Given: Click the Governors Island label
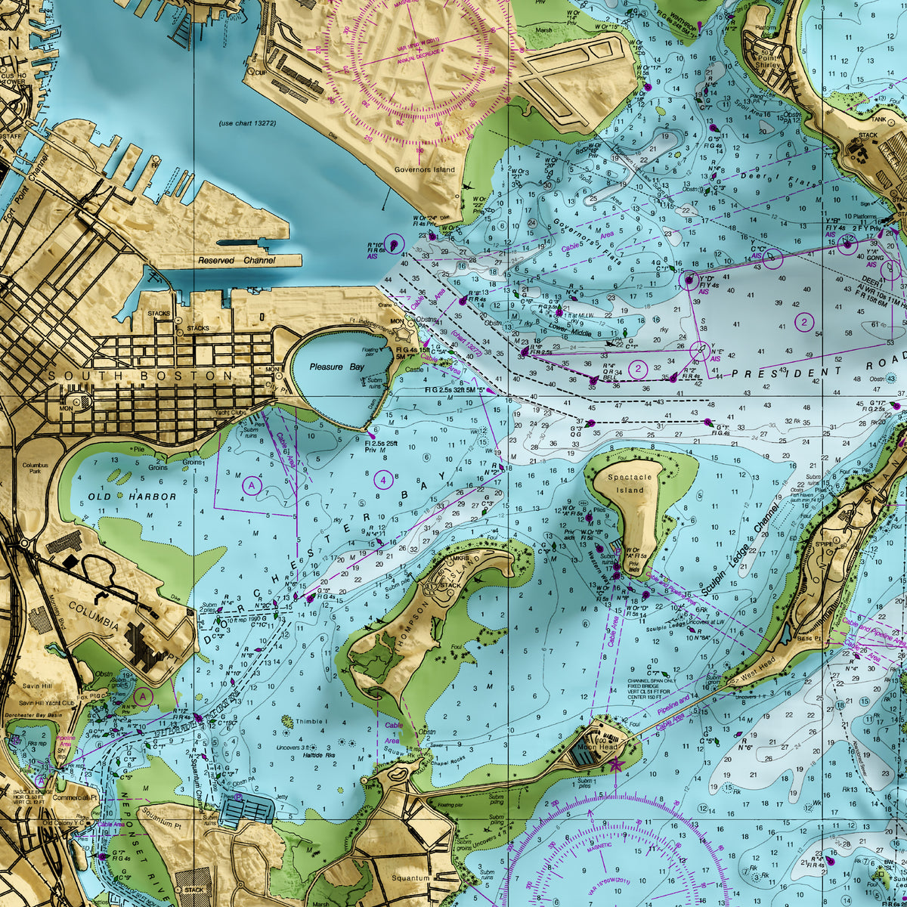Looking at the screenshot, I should pyautogui.click(x=425, y=170).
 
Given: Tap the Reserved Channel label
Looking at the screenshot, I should pyautogui.click(x=237, y=260).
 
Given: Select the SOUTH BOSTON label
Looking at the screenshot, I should pyautogui.click(x=141, y=376).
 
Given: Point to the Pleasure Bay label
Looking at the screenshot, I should pyautogui.click(x=336, y=367).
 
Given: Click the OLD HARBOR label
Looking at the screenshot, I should pyautogui.click(x=132, y=497).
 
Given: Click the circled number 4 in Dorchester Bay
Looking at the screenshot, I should pyautogui.click(x=384, y=479).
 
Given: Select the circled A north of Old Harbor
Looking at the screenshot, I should pyautogui.click(x=252, y=485).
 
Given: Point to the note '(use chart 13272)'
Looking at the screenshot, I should pyautogui.click(x=247, y=123).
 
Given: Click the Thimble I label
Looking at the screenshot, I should pyautogui.click(x=312, y=722).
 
